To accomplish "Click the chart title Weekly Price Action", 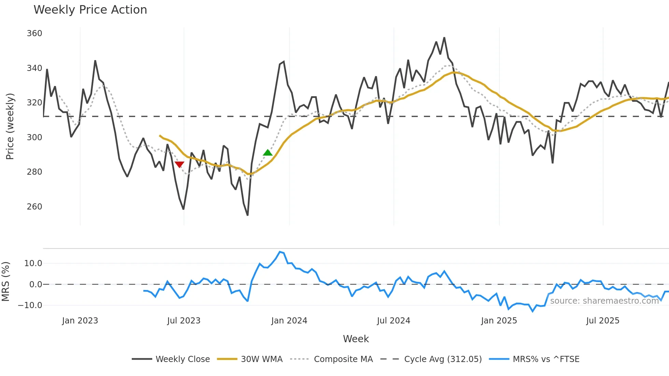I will point(90,10).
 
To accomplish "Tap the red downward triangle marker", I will point(179,164).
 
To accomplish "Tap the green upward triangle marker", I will point(268,153).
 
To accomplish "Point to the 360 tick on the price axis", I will point(34,33).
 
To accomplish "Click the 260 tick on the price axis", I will point(34,207).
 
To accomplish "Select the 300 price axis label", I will point(34,138).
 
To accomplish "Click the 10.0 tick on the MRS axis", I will point(33,263).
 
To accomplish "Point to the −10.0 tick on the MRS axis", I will point(30,305).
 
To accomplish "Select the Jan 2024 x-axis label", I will point(289,321).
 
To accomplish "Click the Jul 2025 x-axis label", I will point(602,321).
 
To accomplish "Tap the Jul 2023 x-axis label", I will point(184,321).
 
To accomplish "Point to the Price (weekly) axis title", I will point(10,126).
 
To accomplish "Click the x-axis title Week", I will point(356,339).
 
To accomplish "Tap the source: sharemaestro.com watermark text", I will point(604,301).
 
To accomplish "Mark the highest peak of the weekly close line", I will point(444,38).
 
